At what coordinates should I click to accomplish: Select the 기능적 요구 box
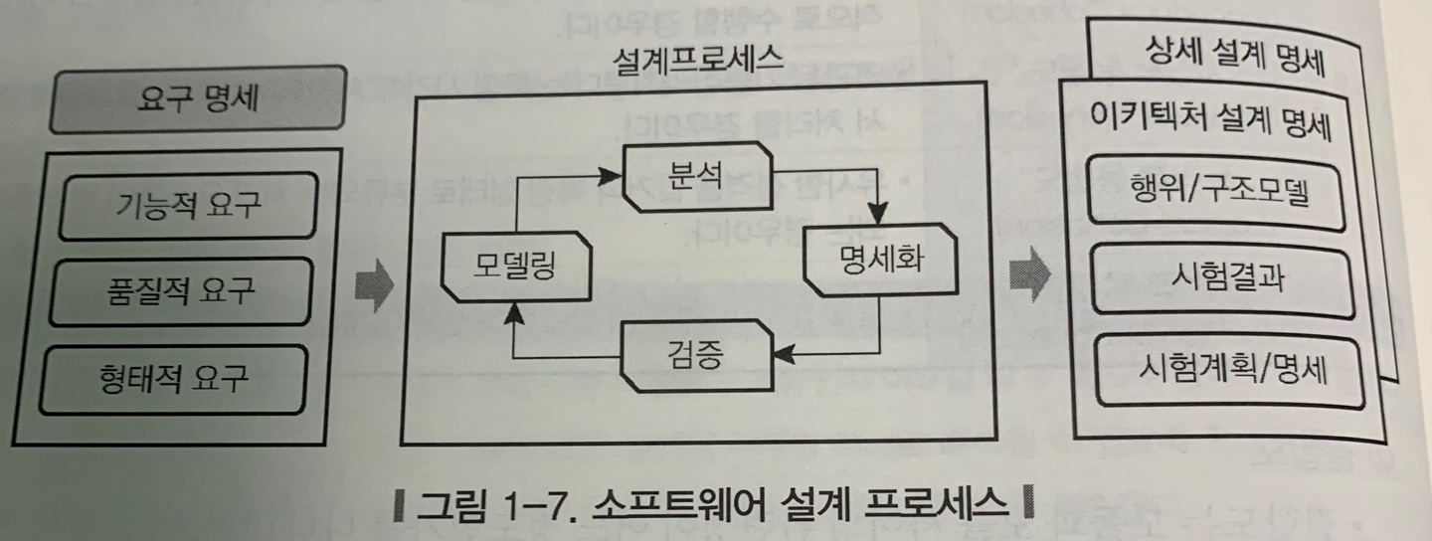pyautogui.click(x=187, y=206)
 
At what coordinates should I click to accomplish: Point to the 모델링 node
pyautogui.click(x=513, y=267)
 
